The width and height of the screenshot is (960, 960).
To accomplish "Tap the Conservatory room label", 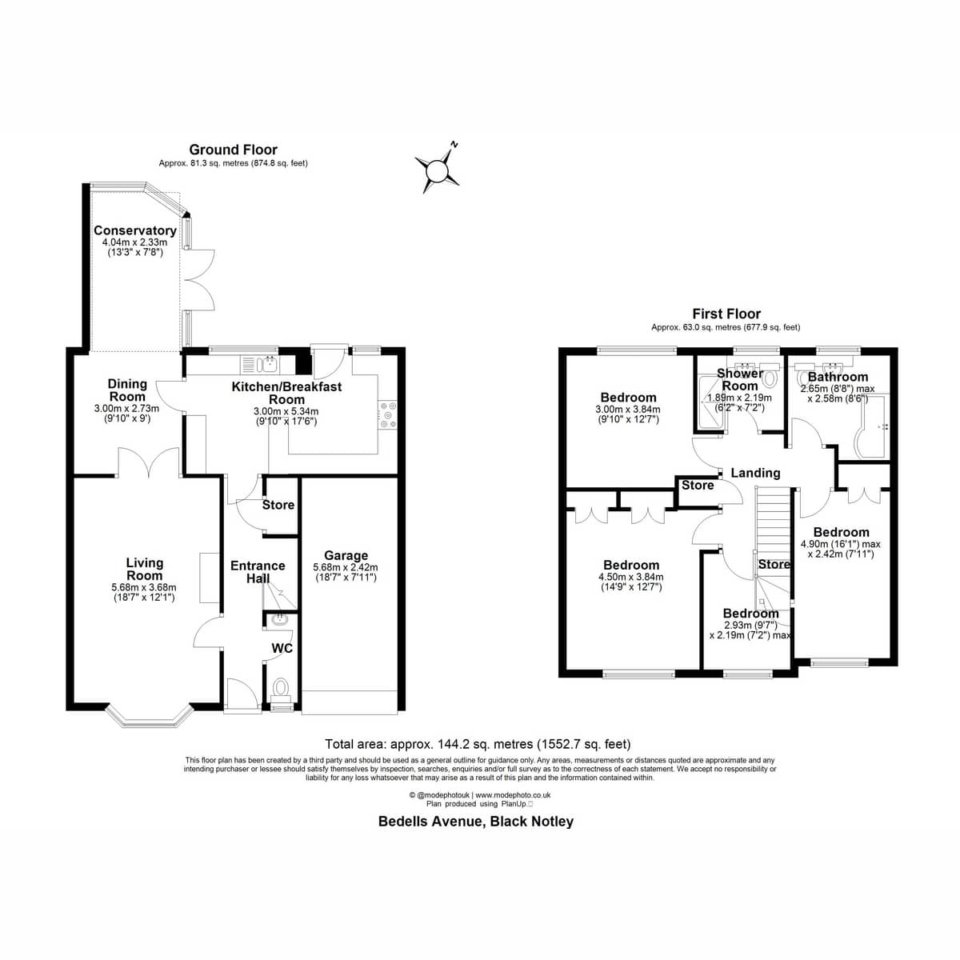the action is (135, 230).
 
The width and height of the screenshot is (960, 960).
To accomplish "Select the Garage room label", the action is (346, 555).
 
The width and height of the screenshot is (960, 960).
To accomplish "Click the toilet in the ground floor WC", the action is (281, 689).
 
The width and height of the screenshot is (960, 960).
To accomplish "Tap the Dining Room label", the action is (127, 390).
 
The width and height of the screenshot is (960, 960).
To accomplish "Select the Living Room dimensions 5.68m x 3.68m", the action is (144, 587).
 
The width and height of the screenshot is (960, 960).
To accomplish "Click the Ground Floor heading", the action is (233, 150).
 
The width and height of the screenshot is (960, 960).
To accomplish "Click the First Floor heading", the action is (726, 314).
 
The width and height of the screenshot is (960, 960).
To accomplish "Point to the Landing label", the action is (755, 473).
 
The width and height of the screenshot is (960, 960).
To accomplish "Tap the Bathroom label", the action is (838, 377).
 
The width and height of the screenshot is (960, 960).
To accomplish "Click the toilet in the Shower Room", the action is (770, 379).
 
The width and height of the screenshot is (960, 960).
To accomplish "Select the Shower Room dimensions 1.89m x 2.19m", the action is (739, 398).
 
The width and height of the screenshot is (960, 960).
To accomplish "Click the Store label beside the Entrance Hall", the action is (278, 505).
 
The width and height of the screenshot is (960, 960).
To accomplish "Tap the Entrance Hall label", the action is (258, 572).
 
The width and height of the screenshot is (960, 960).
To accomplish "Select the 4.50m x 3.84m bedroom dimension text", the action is (631, 578).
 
